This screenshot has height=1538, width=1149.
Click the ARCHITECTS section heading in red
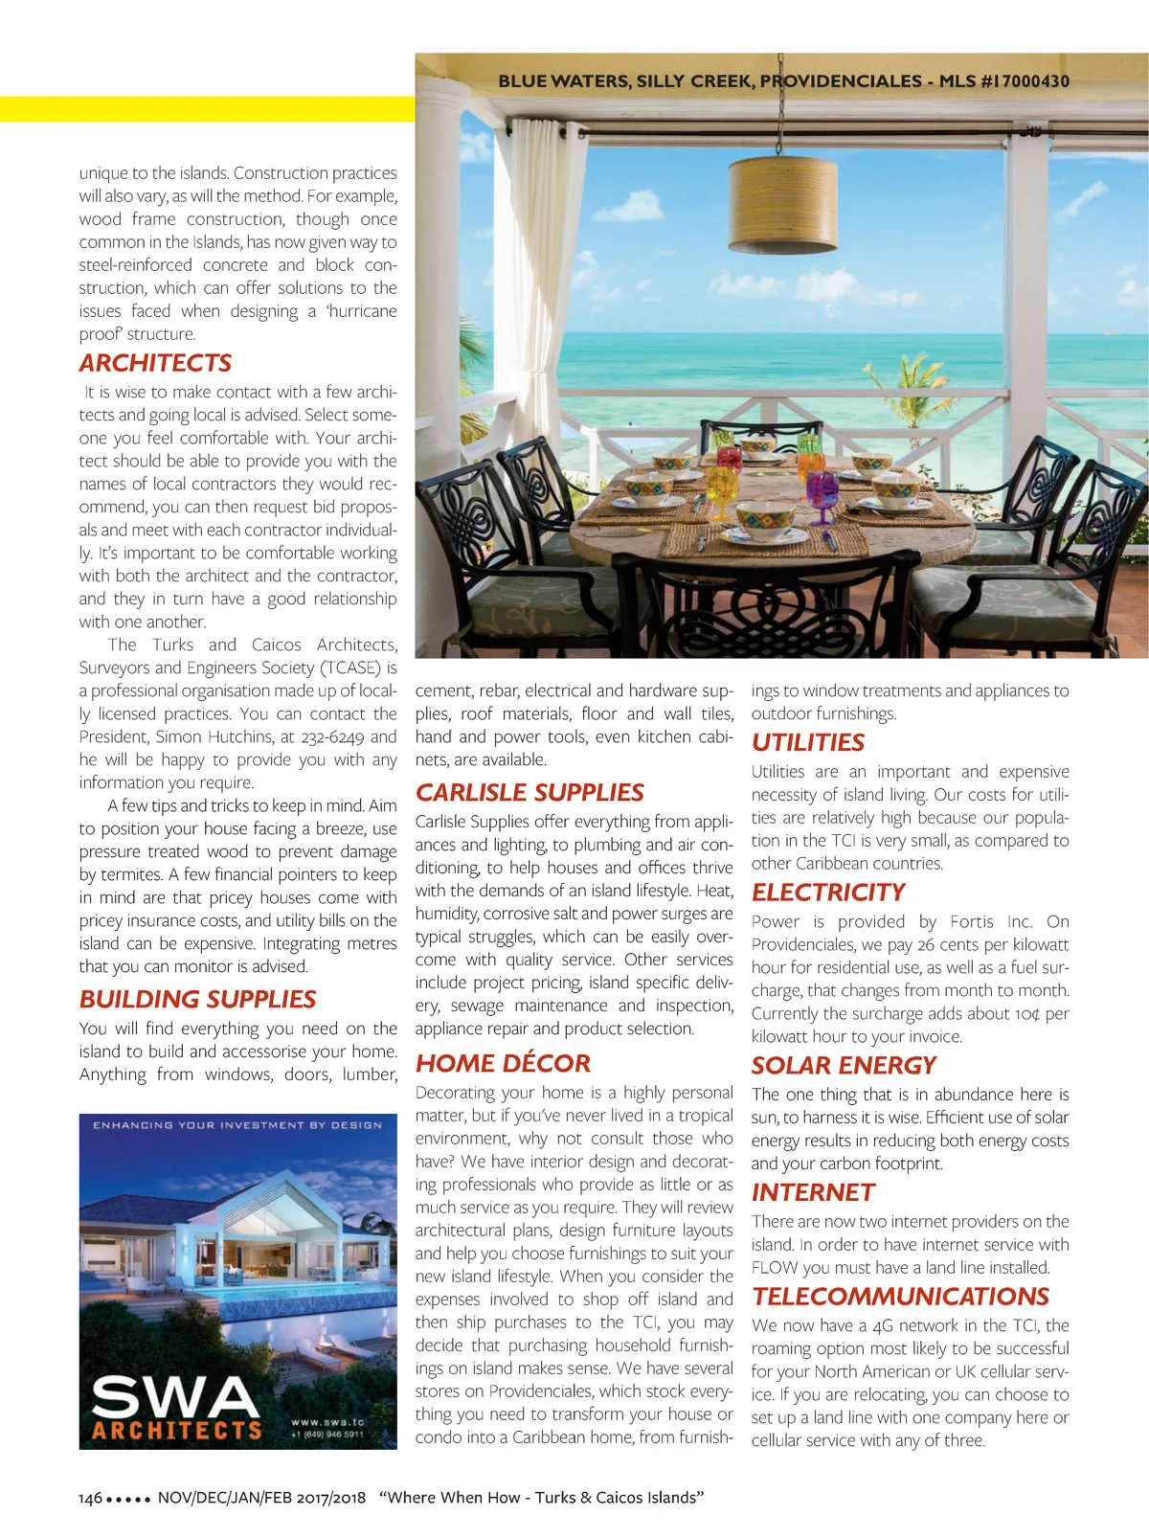pos(155,363)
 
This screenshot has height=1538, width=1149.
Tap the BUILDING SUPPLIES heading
pos(197,999)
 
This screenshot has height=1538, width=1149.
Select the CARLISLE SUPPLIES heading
pos(529,792)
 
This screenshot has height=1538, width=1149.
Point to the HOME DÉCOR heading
pos(503,1063)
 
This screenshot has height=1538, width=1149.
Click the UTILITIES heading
pos(807,742)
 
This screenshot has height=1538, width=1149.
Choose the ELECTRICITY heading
pos(828,892)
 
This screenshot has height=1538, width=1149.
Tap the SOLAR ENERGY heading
pos(844,1065)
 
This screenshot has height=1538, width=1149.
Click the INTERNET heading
pos(813,1192)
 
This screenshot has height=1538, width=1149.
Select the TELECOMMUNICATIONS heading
pos(900,1296)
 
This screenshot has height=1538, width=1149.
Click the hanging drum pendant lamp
pos(782,204)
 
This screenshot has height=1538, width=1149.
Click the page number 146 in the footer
pos(90,1498)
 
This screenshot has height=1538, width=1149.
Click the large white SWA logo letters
pos(175,1397)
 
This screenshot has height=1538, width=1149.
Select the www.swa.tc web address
pos(327,1422)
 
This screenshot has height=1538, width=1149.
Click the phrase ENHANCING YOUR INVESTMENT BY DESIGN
pos(237,1125)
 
